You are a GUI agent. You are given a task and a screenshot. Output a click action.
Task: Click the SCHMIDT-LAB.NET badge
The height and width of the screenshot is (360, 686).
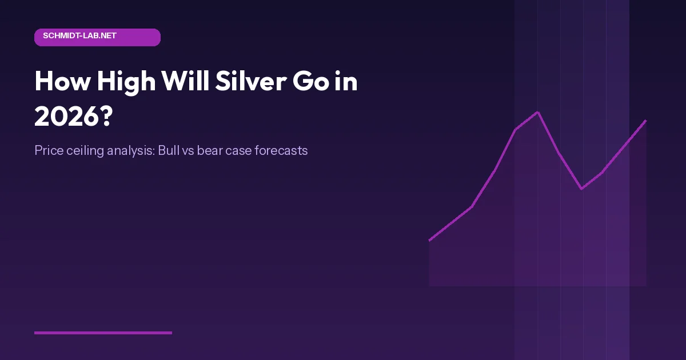coord(97,37)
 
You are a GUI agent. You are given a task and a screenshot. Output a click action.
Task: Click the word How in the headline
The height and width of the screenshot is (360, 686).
coord(62,82)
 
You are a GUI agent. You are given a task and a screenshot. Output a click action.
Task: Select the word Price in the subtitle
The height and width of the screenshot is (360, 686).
coord(47,151)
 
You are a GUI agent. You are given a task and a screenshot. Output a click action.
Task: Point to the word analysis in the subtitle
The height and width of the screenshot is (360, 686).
coord(130,151)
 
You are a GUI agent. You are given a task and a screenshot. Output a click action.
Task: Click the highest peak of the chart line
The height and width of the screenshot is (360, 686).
coord(538,112)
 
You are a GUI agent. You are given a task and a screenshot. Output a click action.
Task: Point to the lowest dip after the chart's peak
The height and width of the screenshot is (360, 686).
coord(581,189)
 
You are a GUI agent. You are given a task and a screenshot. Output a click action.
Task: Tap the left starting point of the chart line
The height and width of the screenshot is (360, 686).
coord(429,240)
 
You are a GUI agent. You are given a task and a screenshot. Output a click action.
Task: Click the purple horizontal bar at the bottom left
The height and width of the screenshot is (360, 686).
coord(103,333)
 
